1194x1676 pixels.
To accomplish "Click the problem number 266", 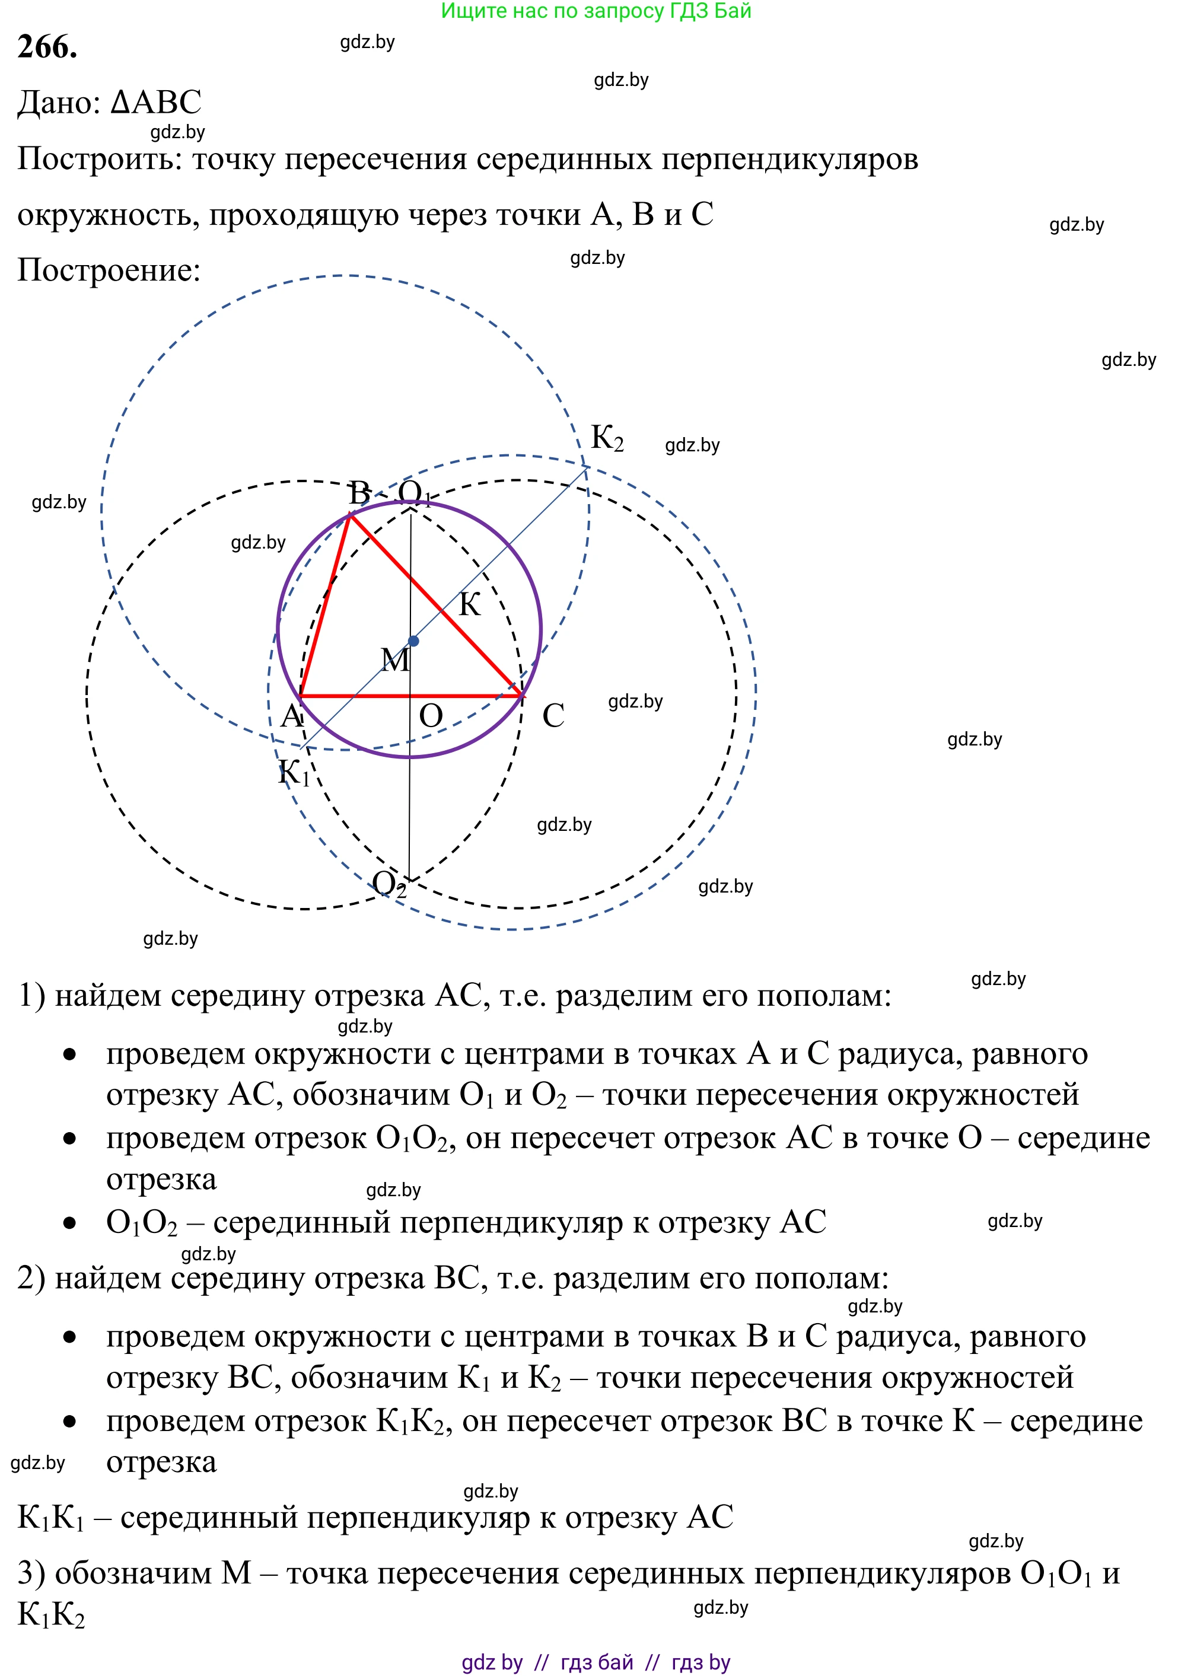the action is (x=47, y=47).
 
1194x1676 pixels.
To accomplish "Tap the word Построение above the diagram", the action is (x=108, y=270).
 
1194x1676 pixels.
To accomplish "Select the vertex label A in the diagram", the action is (x=292, y=715).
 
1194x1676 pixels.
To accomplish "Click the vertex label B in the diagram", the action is (x=359, y=492).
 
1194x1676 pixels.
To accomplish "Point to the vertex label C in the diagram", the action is (x=553, y=716).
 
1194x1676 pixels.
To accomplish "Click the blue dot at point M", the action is (x=413, y=641).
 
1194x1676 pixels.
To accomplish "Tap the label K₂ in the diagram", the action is (x=607, y=438).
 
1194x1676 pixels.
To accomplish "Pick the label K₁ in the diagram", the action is (x=294, y=773).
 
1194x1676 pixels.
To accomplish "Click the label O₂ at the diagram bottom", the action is (x=389, y=884).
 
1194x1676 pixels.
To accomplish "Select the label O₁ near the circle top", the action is (x=414, y=492).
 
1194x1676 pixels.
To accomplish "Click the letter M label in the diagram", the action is (x=396, y=660).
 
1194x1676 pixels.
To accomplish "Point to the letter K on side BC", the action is (x=470, y=605).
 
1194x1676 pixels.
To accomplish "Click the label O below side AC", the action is (x=431, y=716).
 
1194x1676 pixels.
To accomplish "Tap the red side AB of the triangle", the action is (x=325, y=605).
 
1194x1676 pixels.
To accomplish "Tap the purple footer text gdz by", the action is (x=492, y=1662).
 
